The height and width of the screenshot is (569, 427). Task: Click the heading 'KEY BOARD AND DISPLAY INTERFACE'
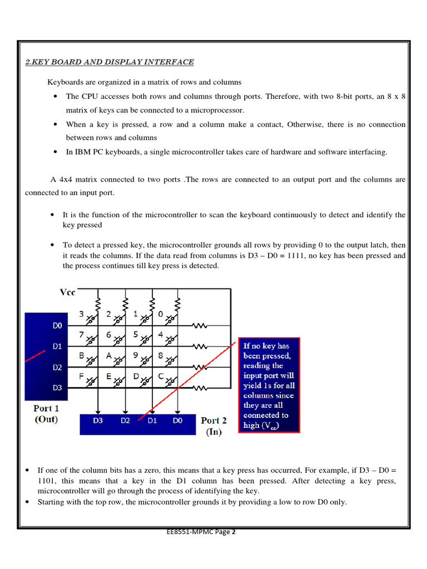click(x=110, y=62)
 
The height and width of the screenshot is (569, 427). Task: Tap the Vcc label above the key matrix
click(x=67, y=292)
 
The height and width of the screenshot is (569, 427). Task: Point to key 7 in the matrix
click(x=81, y=335)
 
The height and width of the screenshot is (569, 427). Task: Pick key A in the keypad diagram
click(x=109, y=356)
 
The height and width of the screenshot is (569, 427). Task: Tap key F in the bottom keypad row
click(x=81, y=376)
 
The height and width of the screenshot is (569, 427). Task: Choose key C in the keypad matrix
click(x=161, y=376)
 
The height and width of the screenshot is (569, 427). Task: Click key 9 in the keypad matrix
click(x=135, y=356)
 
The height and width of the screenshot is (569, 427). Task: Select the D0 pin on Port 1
click(x=57, y=325)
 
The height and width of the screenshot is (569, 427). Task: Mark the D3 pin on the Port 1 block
click(x=57, y=387)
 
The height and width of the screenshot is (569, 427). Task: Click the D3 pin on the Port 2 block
click(x=98, y=421)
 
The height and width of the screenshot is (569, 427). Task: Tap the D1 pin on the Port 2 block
click(x=152, y=421)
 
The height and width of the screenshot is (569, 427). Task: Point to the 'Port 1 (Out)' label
click(x=47, y=414)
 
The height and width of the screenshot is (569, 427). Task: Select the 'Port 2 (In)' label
click(x=213, y=426)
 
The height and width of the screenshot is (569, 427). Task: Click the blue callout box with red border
click(x=269, y=385)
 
